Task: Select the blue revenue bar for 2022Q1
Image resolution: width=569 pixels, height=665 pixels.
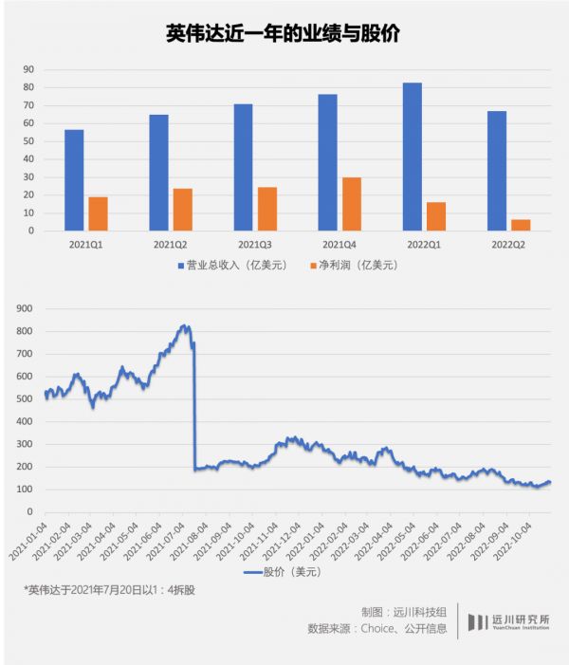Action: [412, 157]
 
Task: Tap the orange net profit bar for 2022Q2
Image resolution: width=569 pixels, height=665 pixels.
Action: [521, 225]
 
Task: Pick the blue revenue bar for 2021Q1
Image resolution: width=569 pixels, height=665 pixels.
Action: [74, 180]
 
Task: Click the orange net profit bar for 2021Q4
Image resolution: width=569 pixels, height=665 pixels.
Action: [352, 204]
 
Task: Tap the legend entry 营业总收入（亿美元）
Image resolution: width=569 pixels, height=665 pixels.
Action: [232, 265]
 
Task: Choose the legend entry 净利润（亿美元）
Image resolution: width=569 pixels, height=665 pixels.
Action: [354, 265]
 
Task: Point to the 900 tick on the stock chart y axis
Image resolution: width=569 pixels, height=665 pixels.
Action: [25, 308]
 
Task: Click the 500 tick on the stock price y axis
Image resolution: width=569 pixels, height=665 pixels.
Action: [25, 399]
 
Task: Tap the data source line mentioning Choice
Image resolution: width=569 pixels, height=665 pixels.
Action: [377, 629]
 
